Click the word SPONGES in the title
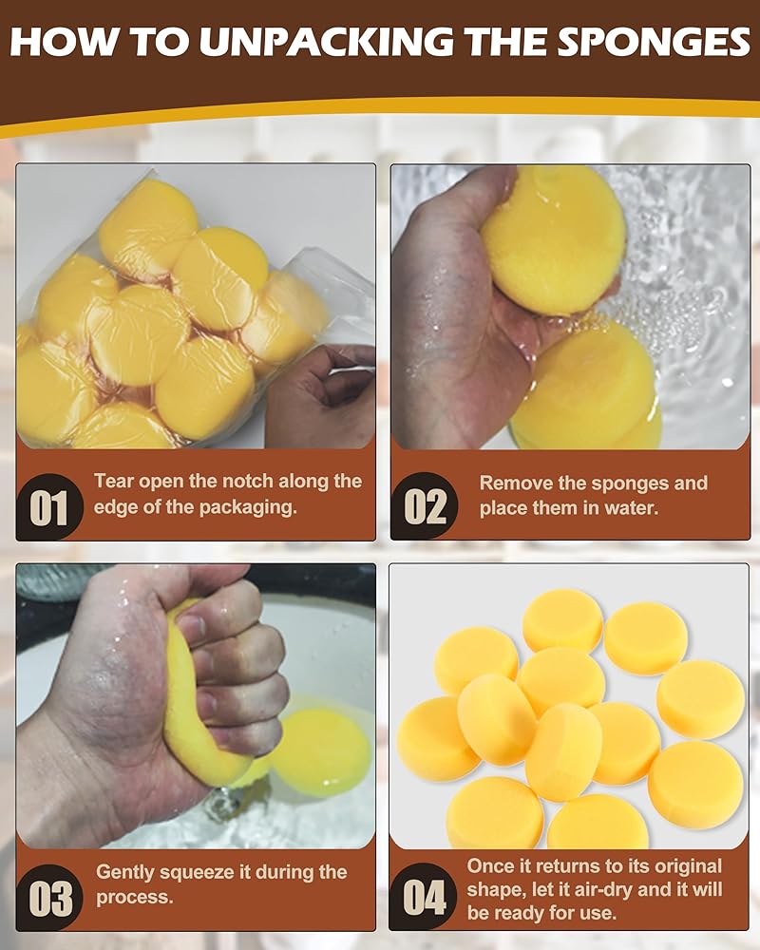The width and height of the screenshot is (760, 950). point(654,42)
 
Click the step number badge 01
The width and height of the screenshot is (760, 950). point(48,507)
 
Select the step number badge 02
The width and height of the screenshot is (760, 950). point(425,506)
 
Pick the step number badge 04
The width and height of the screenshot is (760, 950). point(424,898)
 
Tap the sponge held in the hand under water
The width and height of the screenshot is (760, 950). point(553,239)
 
